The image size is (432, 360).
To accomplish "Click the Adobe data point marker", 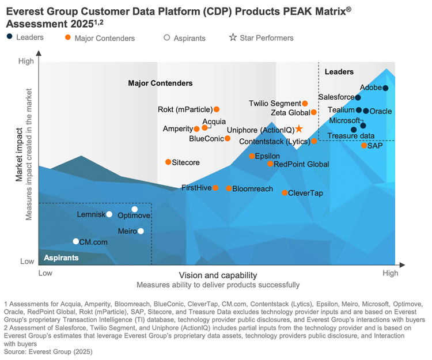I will pyautogui.click(x=385, y=88).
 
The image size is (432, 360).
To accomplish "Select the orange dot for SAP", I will pyautogui.click(x=364, y=146).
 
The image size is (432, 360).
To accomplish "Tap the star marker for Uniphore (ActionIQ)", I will pyautogui.click(x=299, y=129).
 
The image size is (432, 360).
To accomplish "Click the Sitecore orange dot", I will pyautogui.click(x=168, y=162).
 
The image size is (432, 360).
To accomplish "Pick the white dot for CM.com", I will pyautogui.click(x=76, y=241).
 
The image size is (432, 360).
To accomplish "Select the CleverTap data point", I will pyautogui.click(x=285, y=192).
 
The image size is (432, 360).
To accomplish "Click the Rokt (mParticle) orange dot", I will pyautogui.click(x=217, y=109).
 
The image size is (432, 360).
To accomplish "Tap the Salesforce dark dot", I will pyautogui.click(x=358, y=98).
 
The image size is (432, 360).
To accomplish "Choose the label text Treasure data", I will pyautogui.click(x=351, y=136).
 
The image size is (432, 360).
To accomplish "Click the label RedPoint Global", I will pyautogui.click(x=301, y=164).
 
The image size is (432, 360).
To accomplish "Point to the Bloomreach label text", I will pyautogui.click(x=253, y=188).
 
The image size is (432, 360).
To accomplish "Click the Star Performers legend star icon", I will pyautogui.click(x=233, y=38).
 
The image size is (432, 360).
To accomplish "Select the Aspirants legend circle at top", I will pyautogui.click(x=167, y=38).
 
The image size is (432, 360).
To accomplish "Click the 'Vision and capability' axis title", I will pyautogui.click(x=218, y=275).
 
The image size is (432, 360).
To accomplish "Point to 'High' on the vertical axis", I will pyautogui.click(x=26, y=61).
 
